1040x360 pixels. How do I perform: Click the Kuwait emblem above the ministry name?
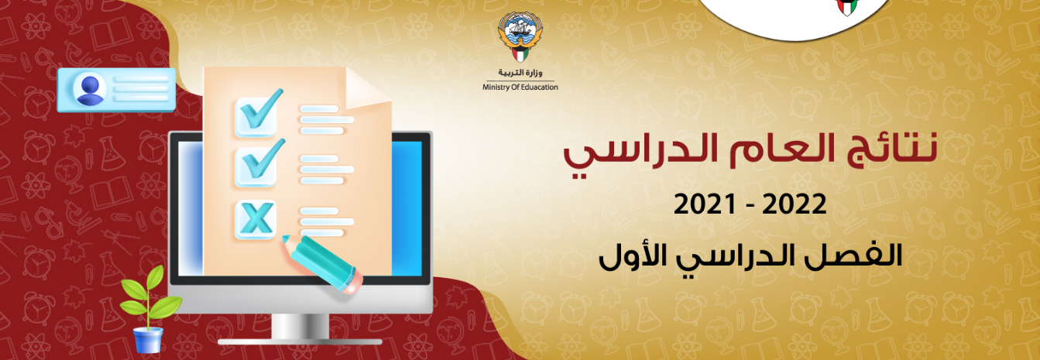(520, 37)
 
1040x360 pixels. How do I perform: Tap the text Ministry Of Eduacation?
(520, 87)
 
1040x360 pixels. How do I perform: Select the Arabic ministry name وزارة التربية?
(520, 72)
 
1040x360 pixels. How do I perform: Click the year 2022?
(794, 204)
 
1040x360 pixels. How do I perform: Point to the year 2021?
(705, 204)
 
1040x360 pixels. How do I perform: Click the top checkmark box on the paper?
(256, 117)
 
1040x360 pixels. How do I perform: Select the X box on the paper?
(256, 219)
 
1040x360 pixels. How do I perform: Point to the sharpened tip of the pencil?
(286, 238)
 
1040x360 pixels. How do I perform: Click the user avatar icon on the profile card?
(90, 90)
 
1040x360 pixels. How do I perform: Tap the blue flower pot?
(148, 340)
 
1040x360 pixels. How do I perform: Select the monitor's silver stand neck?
(300, 326)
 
